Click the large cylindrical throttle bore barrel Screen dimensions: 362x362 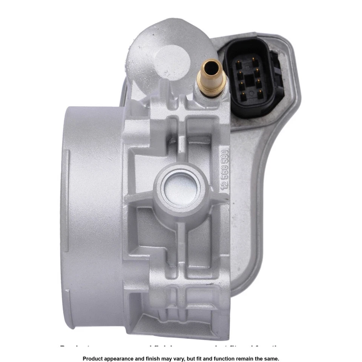pyautogui.click(x=90, y=211)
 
